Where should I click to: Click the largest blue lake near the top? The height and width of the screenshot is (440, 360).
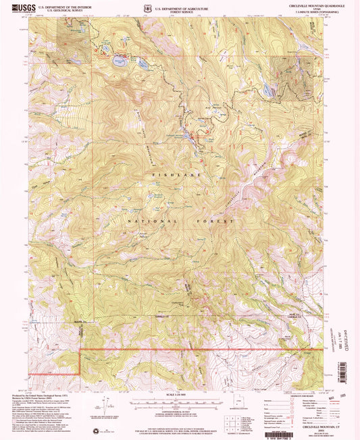(119, 62)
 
